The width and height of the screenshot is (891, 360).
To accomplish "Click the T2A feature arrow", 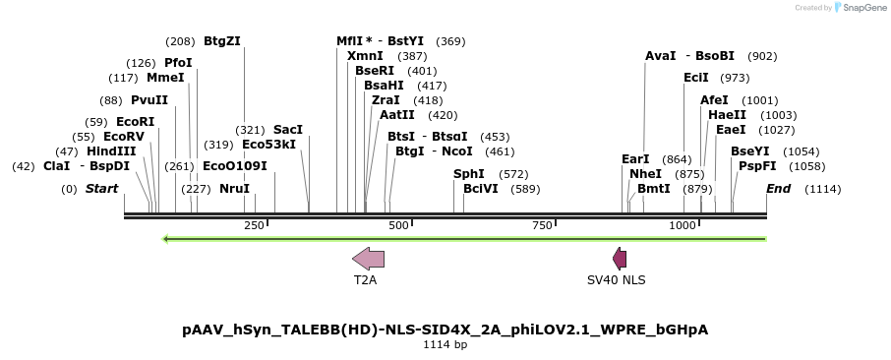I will [368, 259].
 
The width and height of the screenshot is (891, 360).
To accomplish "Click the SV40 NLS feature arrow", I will [620, 259].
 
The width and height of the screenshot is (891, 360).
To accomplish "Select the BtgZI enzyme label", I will [221, 41].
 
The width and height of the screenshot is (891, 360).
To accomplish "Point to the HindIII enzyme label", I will [111, 151].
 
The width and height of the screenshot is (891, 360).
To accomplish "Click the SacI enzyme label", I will [288, 130].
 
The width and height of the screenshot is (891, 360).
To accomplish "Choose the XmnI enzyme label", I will [365, 56].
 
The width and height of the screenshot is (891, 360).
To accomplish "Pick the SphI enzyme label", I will [469, 174].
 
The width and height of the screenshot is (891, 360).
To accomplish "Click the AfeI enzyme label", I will [714, 100].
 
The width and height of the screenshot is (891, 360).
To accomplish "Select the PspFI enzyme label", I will [757, 166].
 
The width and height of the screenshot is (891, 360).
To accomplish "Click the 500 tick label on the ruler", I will [398, 226].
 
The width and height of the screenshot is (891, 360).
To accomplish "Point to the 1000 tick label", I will [683, 226].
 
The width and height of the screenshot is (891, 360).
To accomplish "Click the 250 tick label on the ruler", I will [254, 226].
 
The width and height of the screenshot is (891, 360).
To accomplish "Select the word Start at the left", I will [101, 189].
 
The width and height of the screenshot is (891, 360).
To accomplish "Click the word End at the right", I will [778, 189].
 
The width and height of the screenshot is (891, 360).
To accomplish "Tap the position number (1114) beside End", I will [822, 189].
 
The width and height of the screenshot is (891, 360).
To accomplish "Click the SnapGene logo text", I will [861, 8].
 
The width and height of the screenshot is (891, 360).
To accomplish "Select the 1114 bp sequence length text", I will [445, 345].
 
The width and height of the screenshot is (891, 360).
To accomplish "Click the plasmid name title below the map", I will [445, 330].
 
